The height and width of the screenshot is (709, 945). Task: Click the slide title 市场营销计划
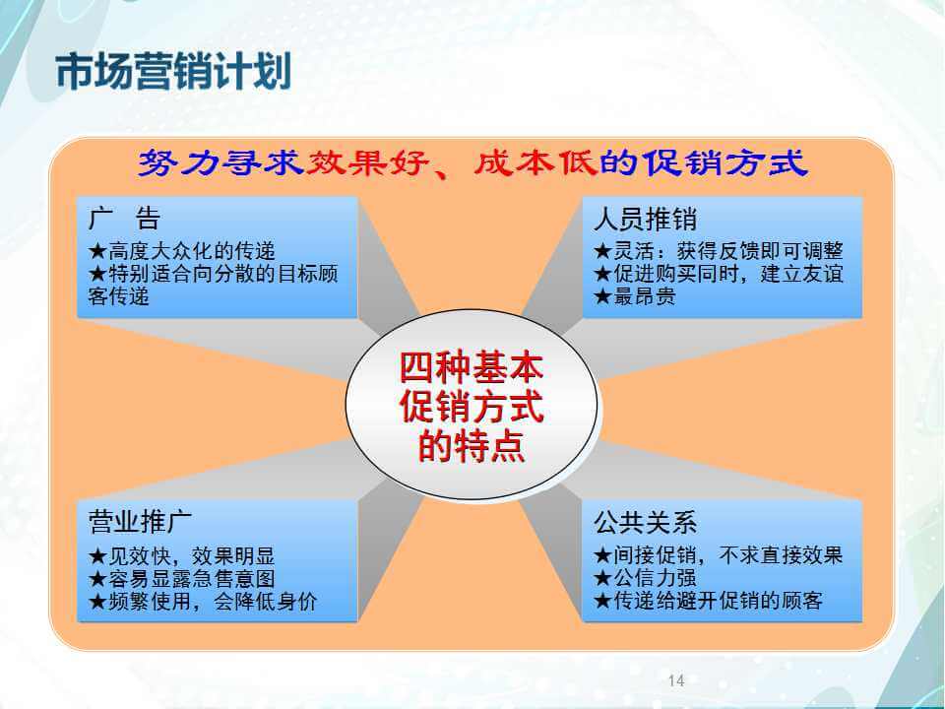[173, 71]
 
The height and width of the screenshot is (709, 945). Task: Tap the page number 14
[676, 680]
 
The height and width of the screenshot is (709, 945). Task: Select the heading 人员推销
[645, 219]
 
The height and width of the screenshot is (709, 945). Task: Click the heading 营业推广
[140, 521]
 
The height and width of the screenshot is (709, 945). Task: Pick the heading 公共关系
[645, 522]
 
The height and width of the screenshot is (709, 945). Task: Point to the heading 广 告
[124, 219]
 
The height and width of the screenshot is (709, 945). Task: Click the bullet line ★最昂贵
[635, 296]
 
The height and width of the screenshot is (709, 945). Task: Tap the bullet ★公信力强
[645, 578]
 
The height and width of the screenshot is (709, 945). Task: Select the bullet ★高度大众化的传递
[181, 251]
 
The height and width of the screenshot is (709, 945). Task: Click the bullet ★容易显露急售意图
[181, 579]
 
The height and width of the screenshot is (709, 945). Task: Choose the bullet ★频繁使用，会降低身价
[203, 601]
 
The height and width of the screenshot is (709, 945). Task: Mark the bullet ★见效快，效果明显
[181, 555]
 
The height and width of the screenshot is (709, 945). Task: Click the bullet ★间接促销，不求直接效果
[718, 554]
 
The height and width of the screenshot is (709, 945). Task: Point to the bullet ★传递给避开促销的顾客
[708, 601]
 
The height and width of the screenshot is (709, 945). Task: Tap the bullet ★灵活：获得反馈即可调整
[718, 251]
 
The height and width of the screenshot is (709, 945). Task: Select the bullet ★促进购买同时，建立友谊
[718, 274]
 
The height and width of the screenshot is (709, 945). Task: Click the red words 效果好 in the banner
[367, 162]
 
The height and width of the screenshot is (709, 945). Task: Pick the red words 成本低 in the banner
[535, 162]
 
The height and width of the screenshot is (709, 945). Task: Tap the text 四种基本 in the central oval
[472, 367]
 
